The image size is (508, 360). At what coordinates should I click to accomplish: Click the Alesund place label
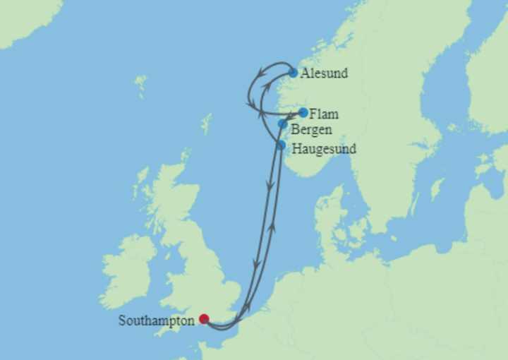pos(324,73)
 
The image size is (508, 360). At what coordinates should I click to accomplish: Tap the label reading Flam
pos(324,113)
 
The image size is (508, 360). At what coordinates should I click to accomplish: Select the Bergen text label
pos(311,129)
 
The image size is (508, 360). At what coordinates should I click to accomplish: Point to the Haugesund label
pos(324,149)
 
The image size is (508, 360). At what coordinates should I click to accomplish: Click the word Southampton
pos(156,320)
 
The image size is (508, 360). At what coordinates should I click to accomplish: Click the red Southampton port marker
pos(204,319)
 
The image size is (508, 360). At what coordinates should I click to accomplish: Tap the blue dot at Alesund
pos(293,73)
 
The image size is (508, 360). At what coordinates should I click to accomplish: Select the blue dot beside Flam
pos(303,112)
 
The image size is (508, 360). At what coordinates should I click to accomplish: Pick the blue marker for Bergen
pos(283,124)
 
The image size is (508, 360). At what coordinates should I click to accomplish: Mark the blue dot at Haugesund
pos(281,145)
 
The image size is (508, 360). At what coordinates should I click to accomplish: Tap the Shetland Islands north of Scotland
pos(206,124)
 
